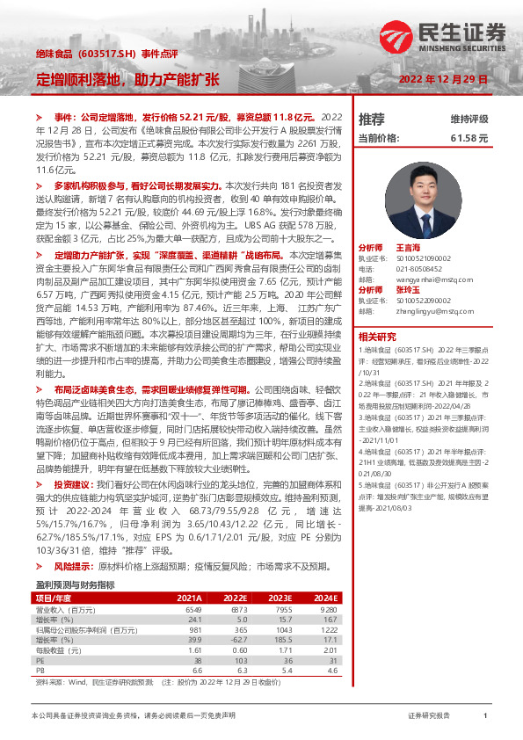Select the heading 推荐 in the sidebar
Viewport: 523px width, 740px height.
click(371, 119)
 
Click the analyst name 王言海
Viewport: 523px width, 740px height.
click(410, 248)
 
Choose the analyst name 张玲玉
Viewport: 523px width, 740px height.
click(410, 289)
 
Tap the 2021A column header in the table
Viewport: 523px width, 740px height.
click(188, 572)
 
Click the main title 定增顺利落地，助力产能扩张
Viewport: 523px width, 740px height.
click(127, 79)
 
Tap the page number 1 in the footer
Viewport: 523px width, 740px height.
click(485, 716)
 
